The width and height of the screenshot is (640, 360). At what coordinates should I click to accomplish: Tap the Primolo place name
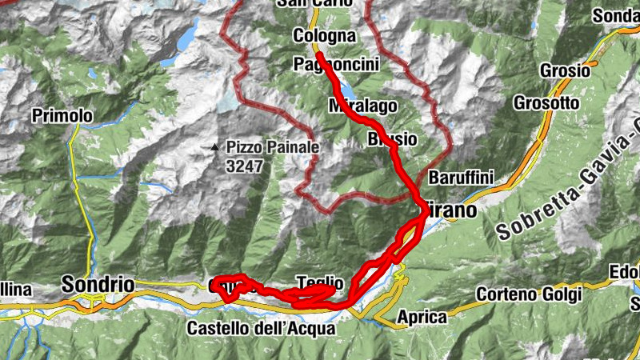62,116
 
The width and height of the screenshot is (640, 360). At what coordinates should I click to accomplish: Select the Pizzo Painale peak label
273,147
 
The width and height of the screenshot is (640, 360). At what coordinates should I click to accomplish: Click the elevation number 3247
245,166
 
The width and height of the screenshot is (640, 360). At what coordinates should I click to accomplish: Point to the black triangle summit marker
214,147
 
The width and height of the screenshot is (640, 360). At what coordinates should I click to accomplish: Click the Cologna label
323,36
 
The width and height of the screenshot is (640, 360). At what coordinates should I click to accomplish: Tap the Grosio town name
565,70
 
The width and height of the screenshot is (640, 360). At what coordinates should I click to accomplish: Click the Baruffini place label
462,177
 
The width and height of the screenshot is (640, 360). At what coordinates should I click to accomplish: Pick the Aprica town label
422,317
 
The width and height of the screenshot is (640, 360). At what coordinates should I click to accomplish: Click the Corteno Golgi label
528,294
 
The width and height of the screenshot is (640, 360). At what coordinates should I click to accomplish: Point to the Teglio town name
320,282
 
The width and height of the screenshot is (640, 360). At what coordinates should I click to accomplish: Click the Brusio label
392,139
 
